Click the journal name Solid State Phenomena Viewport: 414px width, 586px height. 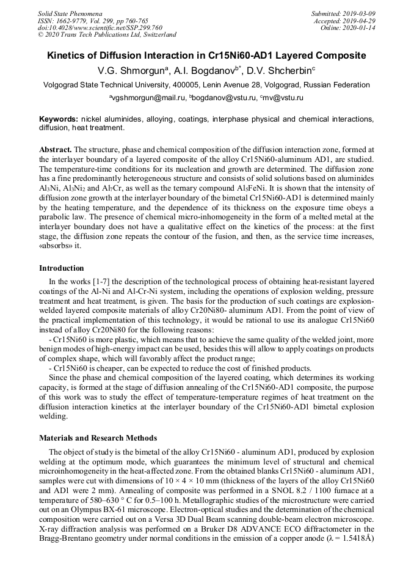(70, 13)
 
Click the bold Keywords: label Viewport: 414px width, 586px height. (59, 119)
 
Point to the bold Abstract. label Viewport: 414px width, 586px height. (56, 149)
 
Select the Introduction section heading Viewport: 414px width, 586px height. (62, 268)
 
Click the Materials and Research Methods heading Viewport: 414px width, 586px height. (98, 438)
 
